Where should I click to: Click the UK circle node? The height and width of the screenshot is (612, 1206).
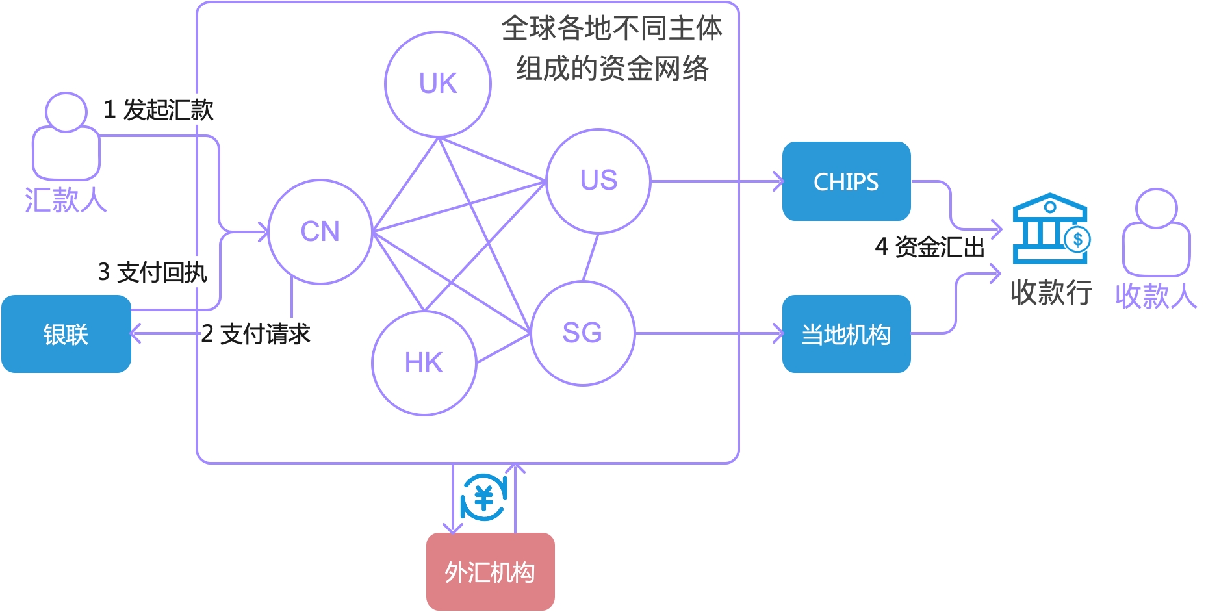click(438, 84)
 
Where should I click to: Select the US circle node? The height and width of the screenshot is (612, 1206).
click(598, 181)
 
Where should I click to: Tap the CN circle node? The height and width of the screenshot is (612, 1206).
click(320, 231)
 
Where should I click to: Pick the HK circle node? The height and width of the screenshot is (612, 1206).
click(424, 363)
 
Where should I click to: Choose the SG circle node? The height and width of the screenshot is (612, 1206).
click(582, 333)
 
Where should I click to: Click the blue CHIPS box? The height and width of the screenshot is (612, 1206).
click(846, 181)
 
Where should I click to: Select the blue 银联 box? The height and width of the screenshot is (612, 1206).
click(66, 334)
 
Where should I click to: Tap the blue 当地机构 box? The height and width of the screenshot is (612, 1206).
click(846, 334)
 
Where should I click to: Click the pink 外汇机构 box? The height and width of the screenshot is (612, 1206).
click(490, 572)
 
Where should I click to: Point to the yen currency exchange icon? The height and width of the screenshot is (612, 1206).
click(483, 498)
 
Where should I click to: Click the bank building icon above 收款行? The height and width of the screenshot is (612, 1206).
click(1050, 229)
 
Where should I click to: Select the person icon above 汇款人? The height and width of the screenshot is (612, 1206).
click(66, 136)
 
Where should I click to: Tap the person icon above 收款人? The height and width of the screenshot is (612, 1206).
click(1156, 233)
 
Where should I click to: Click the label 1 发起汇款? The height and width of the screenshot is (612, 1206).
click(159, 110)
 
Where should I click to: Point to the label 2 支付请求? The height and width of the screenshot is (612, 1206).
click(255, 334)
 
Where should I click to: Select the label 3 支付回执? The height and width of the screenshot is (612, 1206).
click(152, 272)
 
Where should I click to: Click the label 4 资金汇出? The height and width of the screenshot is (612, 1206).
click(929, 247)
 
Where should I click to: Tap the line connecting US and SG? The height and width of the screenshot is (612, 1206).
click(590, 257)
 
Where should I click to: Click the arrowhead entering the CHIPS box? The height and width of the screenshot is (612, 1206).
click(778, 181)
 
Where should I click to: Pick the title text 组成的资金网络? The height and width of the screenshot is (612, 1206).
click(611, 68)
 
